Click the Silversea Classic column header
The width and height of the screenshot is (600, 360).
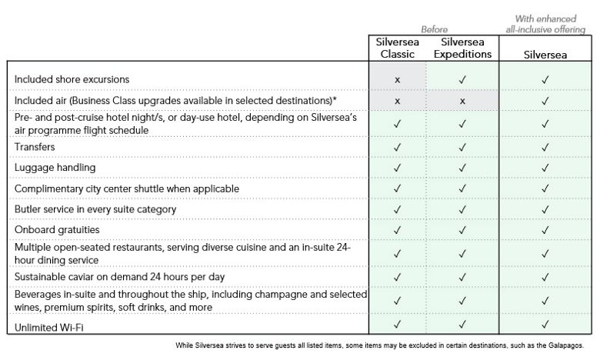click(x=398, y=48)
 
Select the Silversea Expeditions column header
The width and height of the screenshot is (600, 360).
click(x=462, y=48)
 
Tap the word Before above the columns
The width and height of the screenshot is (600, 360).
click(x=434, y=29)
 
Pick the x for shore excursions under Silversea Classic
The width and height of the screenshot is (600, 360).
click(x=398, y=80)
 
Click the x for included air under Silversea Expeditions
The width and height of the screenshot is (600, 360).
click(x=462, y=101)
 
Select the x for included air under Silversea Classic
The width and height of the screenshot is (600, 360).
click(x=398, y=101)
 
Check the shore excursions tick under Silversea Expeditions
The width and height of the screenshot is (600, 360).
click(x=462, y=80)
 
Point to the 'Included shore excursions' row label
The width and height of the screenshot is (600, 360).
click(x=72, y=79)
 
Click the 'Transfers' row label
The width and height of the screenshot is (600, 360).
click(x=35, y=146)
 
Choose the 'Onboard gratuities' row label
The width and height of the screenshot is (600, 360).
click(x=58, y=229)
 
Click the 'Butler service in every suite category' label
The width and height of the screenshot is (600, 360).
click(x=95, y=208)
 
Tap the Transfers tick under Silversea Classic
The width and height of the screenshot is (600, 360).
click(x=398, y=147)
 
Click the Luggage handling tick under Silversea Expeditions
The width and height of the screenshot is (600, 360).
click(x=462, y=168)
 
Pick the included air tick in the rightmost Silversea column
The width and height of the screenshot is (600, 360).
click(x=545, y=101)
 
